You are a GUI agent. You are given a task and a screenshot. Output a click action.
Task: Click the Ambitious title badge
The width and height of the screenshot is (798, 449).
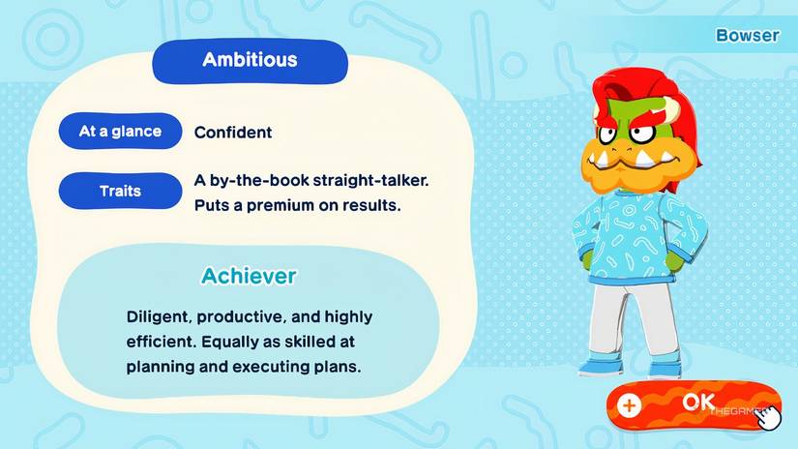pyautogui.click(x=250, y=60)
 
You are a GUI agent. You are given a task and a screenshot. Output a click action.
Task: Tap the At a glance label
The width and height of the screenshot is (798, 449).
pyautogui.click(x=120, y=132)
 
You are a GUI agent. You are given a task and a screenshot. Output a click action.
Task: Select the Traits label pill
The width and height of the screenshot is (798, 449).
pyautogui.click(x=120, y=191)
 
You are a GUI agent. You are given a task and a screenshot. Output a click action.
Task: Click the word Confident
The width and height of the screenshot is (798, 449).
pyautogui.click(x=233, y=133)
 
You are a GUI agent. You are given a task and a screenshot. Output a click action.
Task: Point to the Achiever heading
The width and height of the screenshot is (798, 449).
pyautogui.click(x=249, y=276)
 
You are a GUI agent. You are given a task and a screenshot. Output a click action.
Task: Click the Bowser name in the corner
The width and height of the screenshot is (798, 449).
pyautogui.click(x=747, y=35)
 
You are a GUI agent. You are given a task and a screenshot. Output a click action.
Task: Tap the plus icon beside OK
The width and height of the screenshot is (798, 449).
pyautogui.click(x=630, y=405)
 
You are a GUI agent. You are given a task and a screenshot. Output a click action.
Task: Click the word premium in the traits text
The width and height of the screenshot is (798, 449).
pyautogui.click(x=296, y=206)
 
